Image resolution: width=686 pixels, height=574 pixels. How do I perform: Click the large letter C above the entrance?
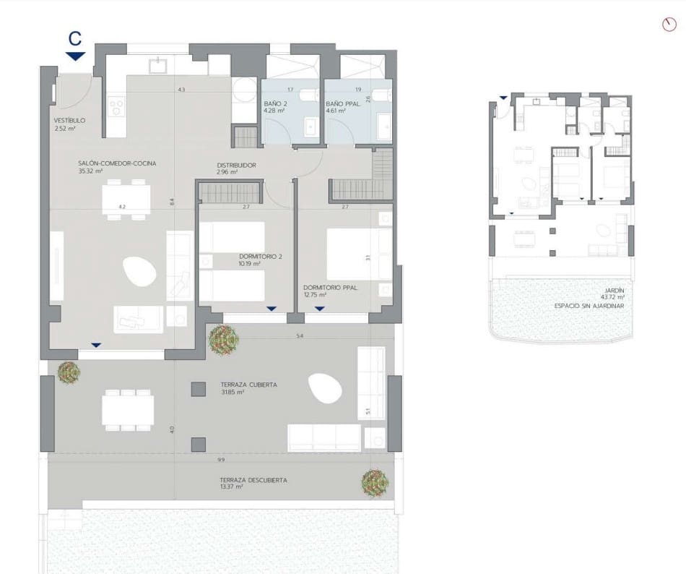click(74, 38)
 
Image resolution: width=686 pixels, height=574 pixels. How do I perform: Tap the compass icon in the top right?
click(668, 25)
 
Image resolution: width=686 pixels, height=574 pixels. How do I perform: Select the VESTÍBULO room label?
click(70, 120)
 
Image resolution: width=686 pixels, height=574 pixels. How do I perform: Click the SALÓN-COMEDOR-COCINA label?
click(117, 163)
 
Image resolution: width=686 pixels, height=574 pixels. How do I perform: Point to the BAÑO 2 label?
click(276, 103)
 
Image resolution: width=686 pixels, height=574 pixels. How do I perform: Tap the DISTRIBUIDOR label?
click(237, 166)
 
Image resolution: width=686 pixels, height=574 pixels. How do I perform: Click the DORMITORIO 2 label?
click(259, 256)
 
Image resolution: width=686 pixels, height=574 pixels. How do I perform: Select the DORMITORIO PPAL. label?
click(331, 286)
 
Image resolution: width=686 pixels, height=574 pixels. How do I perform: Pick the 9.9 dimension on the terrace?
click(220, 460)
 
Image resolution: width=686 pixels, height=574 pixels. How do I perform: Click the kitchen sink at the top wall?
click(157, 66)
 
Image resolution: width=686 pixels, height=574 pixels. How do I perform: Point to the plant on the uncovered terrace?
click(375, 482)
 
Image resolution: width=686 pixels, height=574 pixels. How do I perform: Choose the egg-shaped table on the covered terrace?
click(324, 389)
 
